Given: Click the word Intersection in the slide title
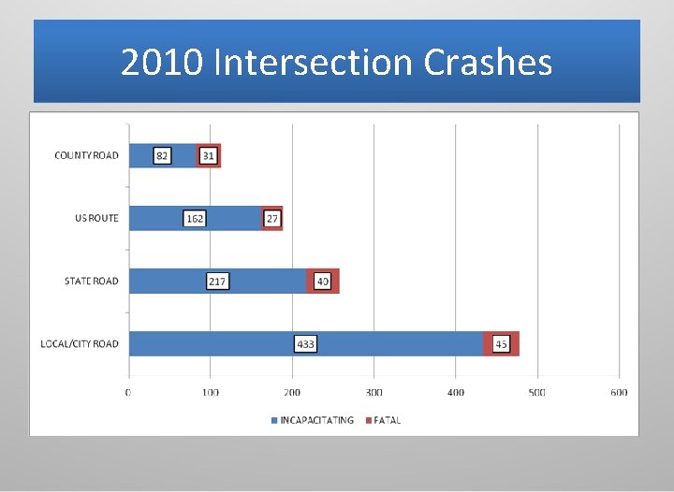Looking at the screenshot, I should click(314, 63).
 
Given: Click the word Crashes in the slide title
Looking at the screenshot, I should click(488, 63).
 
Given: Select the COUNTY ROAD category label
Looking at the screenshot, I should click(86, 155).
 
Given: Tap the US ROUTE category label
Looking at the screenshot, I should click(96, 218).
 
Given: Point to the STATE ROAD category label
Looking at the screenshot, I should click(91, 281).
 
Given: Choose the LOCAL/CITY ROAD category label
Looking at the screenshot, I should click(80, 344).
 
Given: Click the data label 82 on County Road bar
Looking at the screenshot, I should click(162, 155).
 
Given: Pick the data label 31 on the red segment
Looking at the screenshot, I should click(209, 155).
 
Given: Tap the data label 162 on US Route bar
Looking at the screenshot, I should click(195, 218).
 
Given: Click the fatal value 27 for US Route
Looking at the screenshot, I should click(272, 218).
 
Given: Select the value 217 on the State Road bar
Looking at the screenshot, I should click(217, 281).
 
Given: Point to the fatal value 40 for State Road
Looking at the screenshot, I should click(323, 281).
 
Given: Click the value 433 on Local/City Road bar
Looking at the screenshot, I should click(306, 344).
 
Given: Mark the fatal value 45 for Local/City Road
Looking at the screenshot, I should click(502, 344).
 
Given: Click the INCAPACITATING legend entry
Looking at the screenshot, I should click(315, 420).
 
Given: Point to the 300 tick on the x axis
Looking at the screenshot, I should click(374, 392).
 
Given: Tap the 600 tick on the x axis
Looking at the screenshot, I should click(619, 392).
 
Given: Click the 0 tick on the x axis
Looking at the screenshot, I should click(128, 392).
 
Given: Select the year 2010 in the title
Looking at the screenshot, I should click(163, 63).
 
